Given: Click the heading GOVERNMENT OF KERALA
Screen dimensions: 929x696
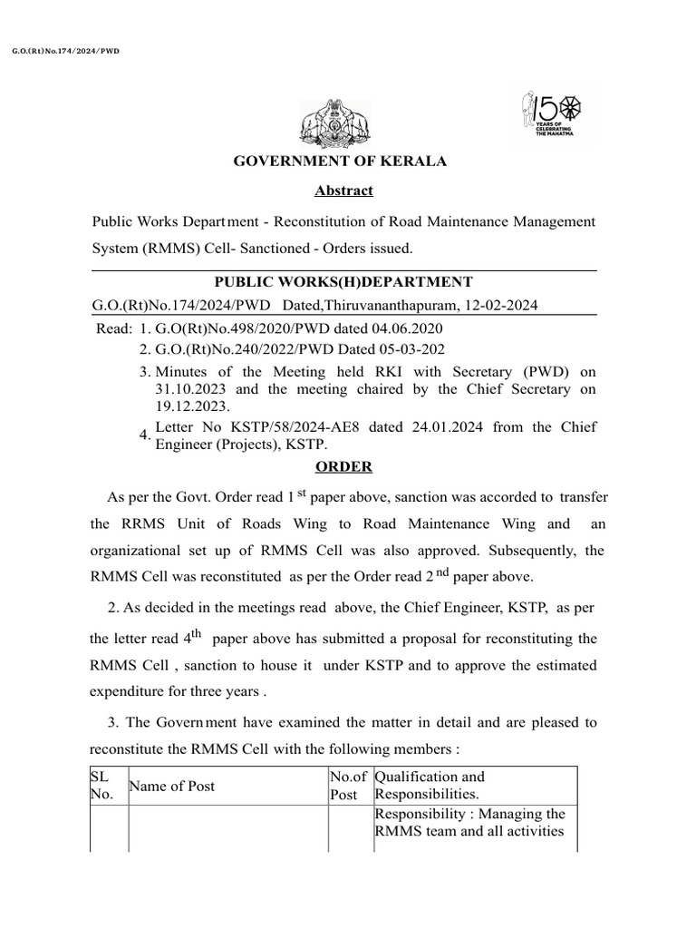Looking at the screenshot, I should point(341,161).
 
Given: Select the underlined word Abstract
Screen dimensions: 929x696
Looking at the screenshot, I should point(343,191).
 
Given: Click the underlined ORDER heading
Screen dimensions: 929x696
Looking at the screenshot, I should point(343,466).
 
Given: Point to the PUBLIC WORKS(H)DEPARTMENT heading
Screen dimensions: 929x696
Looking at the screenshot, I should point(343,282).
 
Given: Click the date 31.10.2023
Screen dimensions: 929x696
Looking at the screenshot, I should point(189,388).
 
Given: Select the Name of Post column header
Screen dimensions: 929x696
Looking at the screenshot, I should point(172,786).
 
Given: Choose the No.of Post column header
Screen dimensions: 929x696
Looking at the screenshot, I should point(348,786).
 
